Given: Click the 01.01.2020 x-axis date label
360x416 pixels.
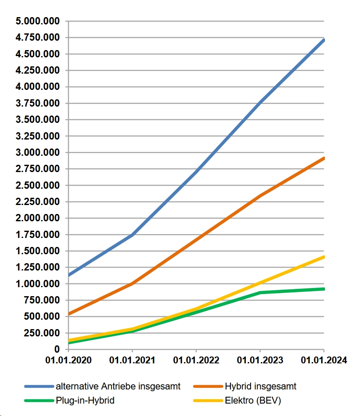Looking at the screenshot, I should [68, 360].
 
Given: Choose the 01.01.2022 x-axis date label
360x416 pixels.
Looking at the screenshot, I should [196, 360].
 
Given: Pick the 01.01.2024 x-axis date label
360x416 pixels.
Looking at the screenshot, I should [324, 360].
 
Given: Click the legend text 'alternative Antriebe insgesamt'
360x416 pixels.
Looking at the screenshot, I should [118, 386].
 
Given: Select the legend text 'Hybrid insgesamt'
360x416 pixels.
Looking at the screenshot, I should [260, 386].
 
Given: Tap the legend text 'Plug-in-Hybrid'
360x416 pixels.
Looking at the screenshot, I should [85, 401].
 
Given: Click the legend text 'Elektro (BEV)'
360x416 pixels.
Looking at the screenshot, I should [253, 401].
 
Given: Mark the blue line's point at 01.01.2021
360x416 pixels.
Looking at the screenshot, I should [132, 235].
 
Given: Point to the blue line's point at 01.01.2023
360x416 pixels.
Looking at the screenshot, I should [260, 102].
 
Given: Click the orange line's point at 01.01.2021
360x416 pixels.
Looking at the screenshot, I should [132, 283].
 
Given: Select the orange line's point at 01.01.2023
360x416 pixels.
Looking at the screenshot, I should [260, 196].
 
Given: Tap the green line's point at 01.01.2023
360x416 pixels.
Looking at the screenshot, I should [260, 293].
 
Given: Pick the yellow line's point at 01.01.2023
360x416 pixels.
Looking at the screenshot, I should [260, 283].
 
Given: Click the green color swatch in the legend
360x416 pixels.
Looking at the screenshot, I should [39, 401].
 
